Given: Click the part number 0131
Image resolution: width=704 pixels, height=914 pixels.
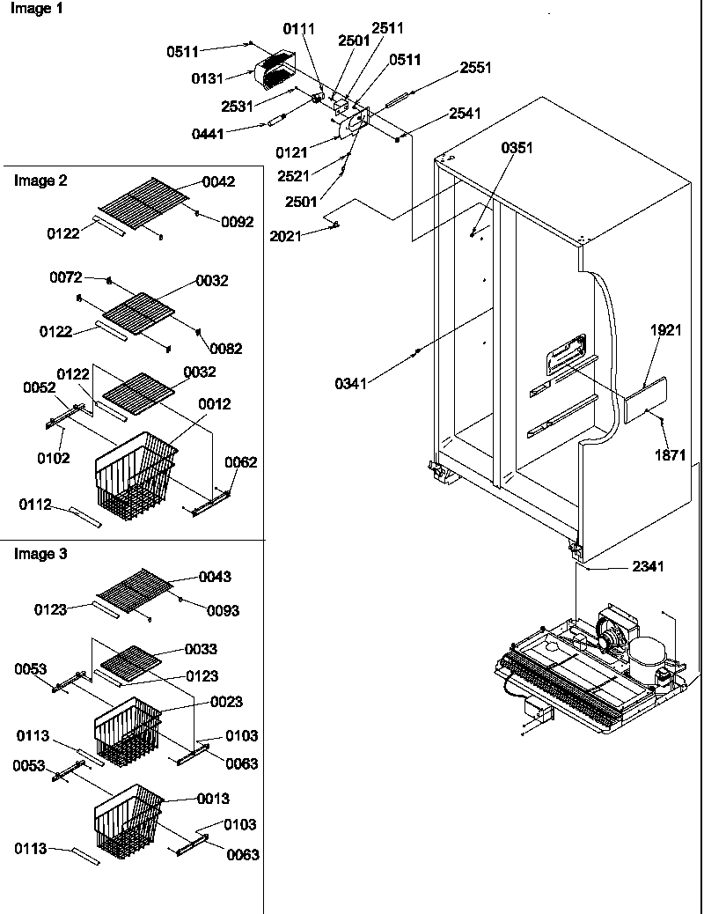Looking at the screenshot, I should (207, 78).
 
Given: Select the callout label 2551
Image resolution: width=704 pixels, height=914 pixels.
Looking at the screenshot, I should (475, 68).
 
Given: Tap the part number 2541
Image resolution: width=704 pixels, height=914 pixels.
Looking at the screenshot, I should (465, 113).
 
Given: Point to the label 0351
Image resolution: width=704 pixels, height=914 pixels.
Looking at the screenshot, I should (517, 148).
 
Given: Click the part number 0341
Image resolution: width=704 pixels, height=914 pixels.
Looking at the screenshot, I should (351, 383).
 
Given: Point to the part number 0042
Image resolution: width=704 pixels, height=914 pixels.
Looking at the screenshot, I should (218, 181).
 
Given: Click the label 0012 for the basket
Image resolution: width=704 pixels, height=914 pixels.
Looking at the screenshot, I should (215, 404).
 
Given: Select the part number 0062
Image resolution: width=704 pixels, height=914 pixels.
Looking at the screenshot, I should (240, 462).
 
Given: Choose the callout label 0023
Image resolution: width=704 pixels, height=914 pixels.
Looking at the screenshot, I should (226, 702).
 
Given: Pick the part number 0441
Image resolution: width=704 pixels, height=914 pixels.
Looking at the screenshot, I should (208, 134).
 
